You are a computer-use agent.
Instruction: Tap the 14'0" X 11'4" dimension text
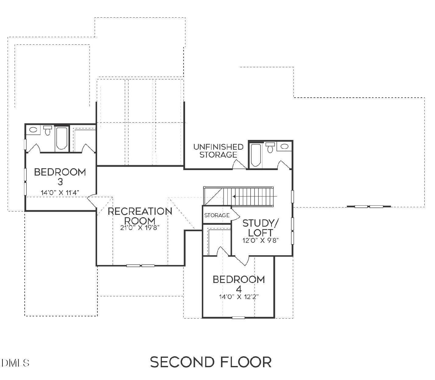[60, 192]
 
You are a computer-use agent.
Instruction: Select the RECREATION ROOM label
[140, 216]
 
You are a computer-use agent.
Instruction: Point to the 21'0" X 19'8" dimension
[140, 228]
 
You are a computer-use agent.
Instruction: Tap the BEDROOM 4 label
[239, 284]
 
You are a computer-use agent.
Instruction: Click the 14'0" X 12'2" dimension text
[239, 297]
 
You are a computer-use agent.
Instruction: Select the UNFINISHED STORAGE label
[218, 151]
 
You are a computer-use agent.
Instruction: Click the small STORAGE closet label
[217, 215]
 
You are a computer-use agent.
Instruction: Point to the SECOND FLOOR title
[211, 362]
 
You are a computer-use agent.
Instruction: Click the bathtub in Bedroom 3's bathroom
[62, 139]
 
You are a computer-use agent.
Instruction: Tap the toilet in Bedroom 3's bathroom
[47, 131]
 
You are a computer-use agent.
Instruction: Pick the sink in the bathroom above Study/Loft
[285, 147]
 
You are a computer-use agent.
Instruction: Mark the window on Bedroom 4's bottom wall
[238, 318]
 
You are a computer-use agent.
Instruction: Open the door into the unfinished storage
[239, 165]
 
